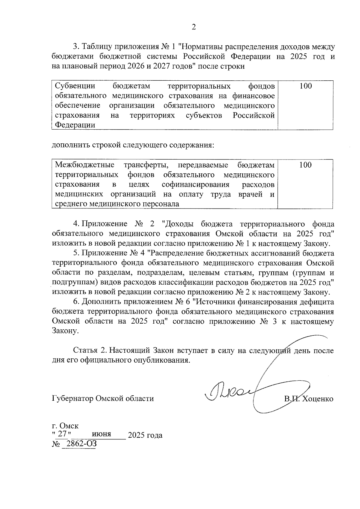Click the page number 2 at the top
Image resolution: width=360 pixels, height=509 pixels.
(193, 27)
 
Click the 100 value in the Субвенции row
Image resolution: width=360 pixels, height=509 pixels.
(305, 86)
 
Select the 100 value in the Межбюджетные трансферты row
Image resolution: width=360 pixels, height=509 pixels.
(305, 165)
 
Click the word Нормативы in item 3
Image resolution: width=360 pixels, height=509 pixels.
(202, 47)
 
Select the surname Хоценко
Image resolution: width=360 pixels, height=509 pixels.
(318, 399)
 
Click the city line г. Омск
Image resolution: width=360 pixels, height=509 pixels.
(65, 426)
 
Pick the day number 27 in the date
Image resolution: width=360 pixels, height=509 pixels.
(62, 434)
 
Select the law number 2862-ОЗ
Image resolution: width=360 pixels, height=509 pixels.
(79, 444)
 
